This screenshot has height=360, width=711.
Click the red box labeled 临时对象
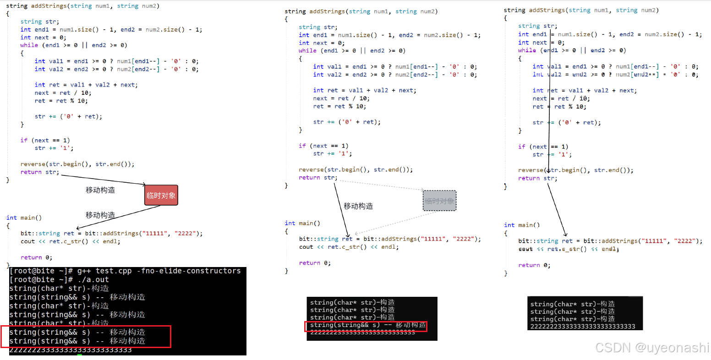point(161,195)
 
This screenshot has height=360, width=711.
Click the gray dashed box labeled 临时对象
point(439,201)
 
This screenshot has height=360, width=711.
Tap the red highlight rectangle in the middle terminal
point(366,326)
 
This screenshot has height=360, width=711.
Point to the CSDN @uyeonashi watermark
point(652,348)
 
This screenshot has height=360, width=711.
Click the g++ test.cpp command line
point(125,271)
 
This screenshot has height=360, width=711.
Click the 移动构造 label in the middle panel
point(358,206)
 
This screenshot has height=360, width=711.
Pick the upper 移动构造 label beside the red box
point(100,190)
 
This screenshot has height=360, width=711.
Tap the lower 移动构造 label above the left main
point(100,215)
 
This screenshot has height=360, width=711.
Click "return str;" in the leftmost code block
point(40,172)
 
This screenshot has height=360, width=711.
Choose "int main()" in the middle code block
point(302,224)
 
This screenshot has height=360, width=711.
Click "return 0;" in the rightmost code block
point(534,265)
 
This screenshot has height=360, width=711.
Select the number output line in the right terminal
point(583,327)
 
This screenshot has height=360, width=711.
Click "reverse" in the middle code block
point(312,169)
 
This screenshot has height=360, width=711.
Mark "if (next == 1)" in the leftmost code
point(45,140)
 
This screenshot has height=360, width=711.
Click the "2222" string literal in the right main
point(683,241)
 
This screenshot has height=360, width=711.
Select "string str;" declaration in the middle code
point(318,27)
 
